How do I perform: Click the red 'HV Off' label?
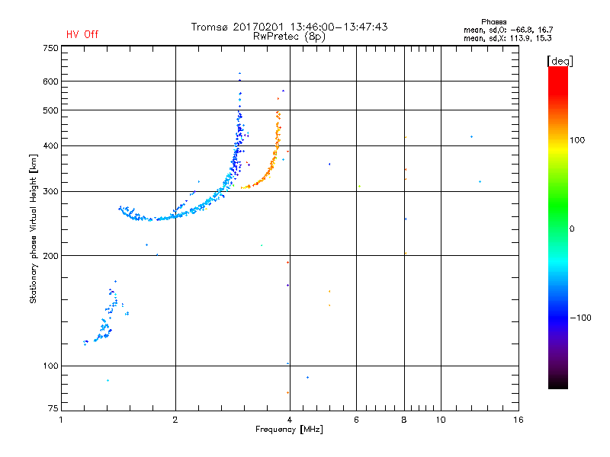click(x=82, y=34)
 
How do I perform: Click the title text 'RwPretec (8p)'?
click(x=290, y=36)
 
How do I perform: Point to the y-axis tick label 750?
click(x=50, y=48)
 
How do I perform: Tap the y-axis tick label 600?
click(x=50, y=81)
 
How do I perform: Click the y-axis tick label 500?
click(x=50, y=110)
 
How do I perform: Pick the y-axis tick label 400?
click(x=50, y=145)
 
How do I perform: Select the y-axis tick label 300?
click(x=50, y=191)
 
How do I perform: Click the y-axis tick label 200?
click(x=50, y=256)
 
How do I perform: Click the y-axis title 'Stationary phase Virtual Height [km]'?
click(x=34, y=228)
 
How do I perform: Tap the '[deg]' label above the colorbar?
click(x=560, y=60)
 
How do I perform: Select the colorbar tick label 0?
click(x=573, y=228)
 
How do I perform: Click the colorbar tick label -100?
click(x=579, y=318)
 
